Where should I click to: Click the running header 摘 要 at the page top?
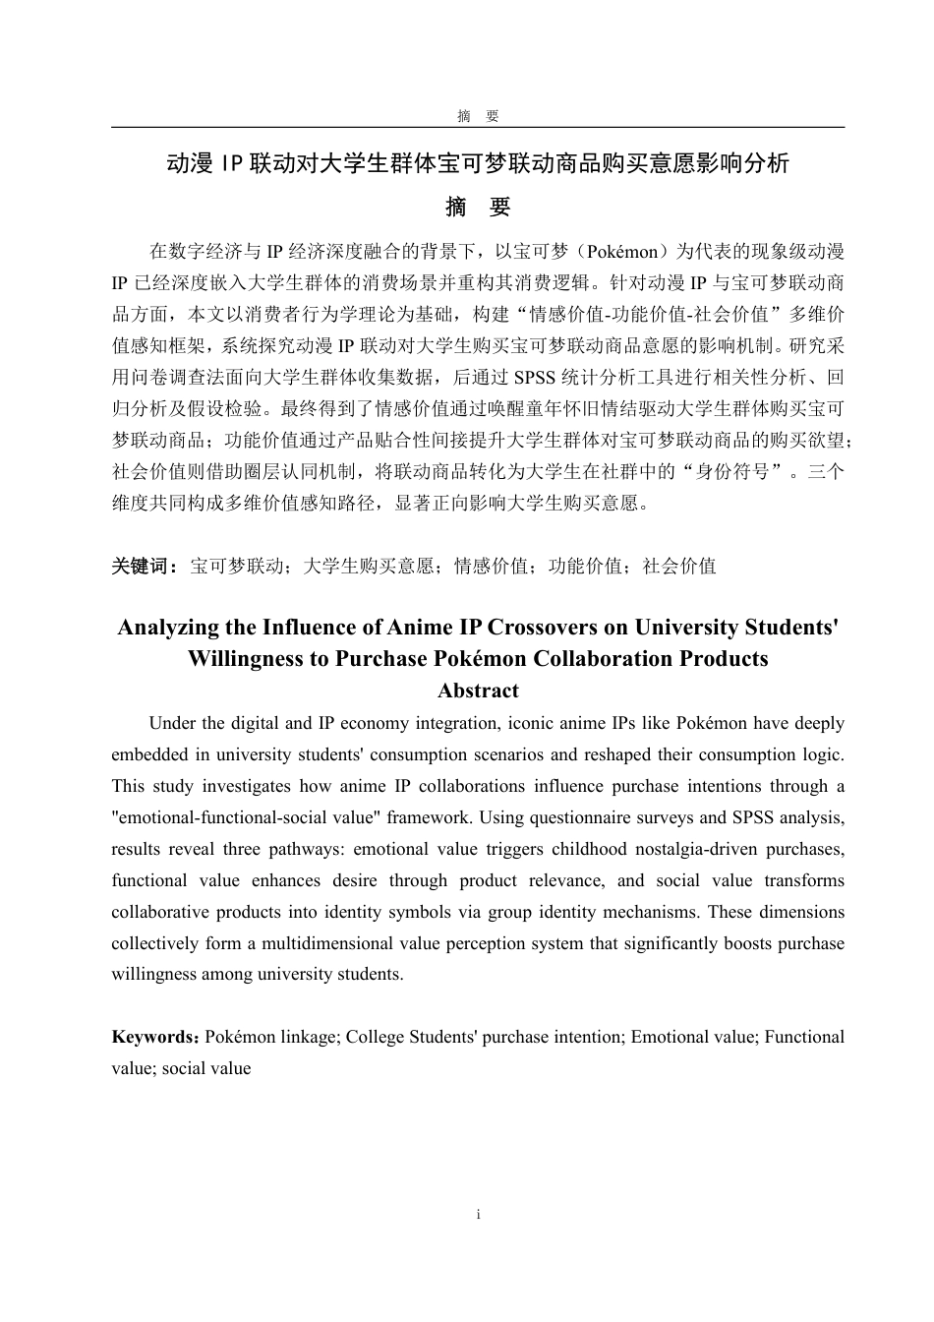478,116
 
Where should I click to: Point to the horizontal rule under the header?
478,127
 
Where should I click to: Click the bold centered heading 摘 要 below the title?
478,208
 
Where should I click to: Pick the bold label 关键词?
144,567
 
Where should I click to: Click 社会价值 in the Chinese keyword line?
679,567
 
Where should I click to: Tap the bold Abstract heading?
478,691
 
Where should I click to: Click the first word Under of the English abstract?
173,724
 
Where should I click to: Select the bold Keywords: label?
157,1038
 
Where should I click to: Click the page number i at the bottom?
478,1215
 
